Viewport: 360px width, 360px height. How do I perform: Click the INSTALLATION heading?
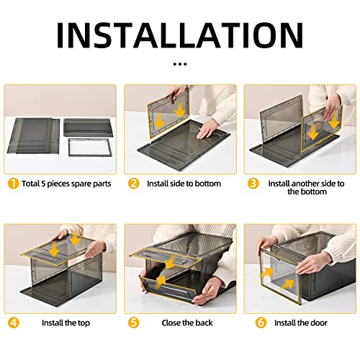point(180,35)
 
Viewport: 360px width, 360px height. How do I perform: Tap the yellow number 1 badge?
point(13,184)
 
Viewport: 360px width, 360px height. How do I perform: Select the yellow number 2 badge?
point(133,184)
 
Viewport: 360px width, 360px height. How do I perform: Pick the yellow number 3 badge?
point(253,184)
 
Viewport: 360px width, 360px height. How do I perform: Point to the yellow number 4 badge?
point(13,323)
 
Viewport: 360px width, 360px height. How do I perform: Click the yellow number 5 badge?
point(133,323)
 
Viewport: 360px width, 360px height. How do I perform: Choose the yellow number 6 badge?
point(261,323)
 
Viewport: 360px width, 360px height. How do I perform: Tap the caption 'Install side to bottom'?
point(184,184)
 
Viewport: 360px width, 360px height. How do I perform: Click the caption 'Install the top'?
point(66,323)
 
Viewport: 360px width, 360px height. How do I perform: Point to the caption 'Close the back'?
point(187,323)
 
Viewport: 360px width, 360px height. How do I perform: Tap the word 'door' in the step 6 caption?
point(319,323)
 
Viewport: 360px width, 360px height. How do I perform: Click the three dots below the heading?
point(180,64)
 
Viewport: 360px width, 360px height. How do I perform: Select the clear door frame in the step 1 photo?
point(89,147)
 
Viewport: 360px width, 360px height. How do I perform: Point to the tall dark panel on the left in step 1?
point(34,135)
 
